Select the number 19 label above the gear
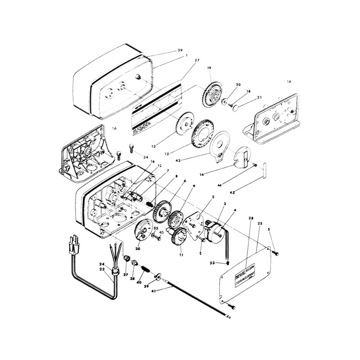209,67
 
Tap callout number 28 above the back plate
251,218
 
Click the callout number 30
138,248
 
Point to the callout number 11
181,254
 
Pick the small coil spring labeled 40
145,269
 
